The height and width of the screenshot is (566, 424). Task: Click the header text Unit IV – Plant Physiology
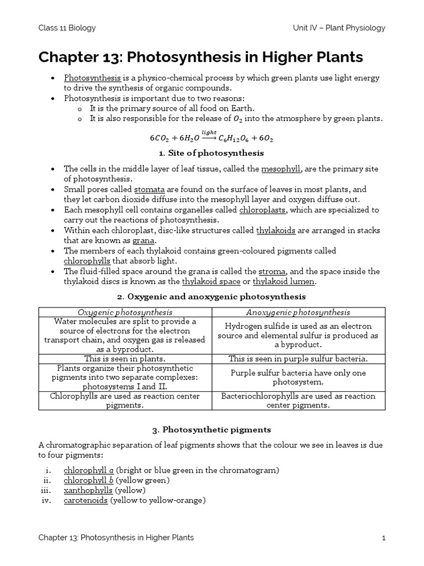point(339,28)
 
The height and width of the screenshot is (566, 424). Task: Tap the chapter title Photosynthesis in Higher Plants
point(200,57)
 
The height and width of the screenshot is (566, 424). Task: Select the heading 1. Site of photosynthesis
point(212,153)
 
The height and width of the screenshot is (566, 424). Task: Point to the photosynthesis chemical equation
point(212,137)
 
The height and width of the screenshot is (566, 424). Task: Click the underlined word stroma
point(272,271)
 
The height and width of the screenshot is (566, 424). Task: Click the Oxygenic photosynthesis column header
point(125,312)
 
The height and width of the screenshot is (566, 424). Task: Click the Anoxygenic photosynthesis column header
point(298,312)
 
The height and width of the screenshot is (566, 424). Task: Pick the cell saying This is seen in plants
point(125,359)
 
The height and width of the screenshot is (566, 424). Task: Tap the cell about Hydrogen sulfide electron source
point(298,335)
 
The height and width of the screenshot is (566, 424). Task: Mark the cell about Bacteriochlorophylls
point(298,401)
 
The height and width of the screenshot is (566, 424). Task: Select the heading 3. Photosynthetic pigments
point(212,429)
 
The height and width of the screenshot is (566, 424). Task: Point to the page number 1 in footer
point(383,537)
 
